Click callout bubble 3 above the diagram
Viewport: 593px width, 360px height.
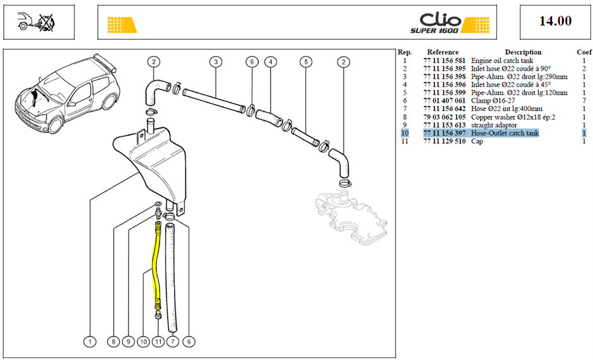tap(216, 62)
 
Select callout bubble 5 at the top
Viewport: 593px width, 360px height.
tap(306, 62)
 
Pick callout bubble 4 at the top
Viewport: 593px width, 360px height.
tap(271, 62)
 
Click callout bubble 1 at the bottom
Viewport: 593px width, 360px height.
tap(90, 342)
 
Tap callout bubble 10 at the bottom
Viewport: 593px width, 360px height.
tap(143, 342)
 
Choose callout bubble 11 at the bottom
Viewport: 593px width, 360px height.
tap(158, 342)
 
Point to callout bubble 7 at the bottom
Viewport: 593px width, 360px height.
tap(173, 342)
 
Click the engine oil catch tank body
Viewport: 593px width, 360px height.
tap(155, 163)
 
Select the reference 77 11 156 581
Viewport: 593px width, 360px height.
tap(444, 61)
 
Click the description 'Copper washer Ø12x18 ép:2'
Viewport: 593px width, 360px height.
tap(514, 117)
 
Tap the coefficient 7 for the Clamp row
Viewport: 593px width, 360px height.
tap(584, 101)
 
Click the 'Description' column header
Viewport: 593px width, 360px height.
tap(523, 52)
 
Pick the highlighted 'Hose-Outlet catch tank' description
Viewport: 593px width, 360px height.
tap(505, 133)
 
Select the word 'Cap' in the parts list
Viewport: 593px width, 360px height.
tap(477, 141)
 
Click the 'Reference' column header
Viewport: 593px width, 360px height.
tap(443, 52)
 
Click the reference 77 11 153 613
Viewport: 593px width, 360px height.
tap(444, 125)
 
